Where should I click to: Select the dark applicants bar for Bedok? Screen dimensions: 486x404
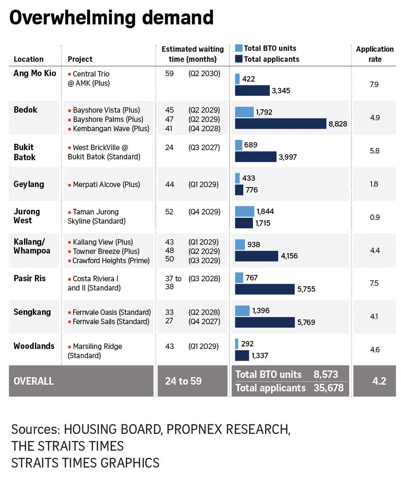point(280,124)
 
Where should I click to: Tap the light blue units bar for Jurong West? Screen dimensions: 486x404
point(245,211)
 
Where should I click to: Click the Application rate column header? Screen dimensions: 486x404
point(375,54)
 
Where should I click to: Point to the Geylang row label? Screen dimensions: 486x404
point(29,184)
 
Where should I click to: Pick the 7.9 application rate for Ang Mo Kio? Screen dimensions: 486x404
point(374,84)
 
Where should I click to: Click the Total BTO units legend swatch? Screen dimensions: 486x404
point(239,48)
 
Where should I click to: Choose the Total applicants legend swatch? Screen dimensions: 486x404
point(239,59)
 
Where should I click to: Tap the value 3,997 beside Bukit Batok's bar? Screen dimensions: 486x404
point(287,157)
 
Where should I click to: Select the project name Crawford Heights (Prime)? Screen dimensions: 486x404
point(111,261)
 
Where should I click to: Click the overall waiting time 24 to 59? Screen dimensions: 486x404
point(183,381)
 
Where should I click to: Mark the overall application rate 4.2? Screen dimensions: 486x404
point(379,381)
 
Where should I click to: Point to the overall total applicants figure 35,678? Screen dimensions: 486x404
point(329,388)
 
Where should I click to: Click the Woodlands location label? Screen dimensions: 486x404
point(34,346)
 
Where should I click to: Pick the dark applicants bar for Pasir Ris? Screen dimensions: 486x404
point(265,289)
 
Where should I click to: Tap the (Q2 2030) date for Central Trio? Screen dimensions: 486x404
point(204,73)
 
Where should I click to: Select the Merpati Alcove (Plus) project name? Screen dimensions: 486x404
point(106,185)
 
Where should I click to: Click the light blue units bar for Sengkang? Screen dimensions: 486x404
point(242,311)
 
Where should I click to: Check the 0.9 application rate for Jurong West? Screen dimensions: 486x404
point(375,217)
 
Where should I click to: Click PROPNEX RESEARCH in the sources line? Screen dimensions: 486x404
point(228,429)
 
